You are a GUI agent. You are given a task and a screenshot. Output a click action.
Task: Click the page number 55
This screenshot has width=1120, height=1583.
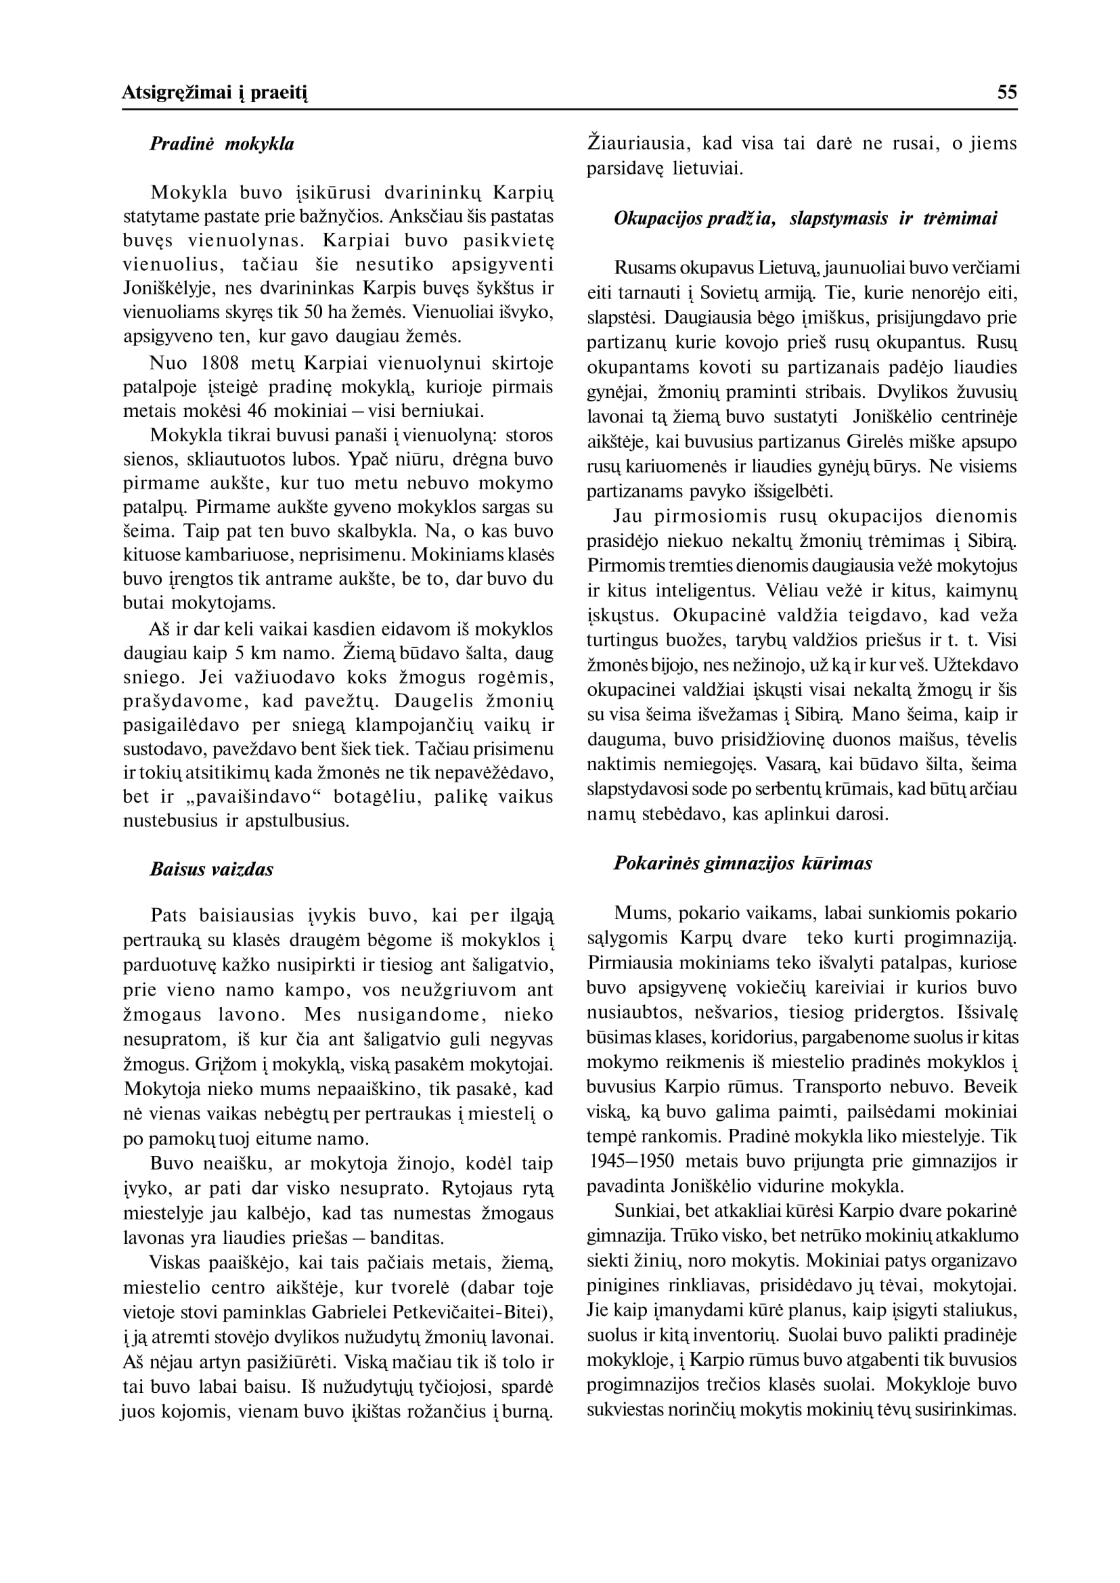[1006, 93]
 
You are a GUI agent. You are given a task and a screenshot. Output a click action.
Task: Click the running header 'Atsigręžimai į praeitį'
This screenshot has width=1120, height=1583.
[215, 93]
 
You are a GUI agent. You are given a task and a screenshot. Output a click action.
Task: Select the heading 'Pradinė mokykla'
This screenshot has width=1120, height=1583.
[221, 144]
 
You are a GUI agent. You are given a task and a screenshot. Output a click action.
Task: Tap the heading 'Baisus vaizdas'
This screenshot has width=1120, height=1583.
[211, 869]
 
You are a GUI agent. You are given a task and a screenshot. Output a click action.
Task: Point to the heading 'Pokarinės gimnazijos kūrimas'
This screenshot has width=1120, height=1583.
[743, 864]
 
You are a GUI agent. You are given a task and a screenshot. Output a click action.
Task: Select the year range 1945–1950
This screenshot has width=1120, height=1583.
[633, 1161]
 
